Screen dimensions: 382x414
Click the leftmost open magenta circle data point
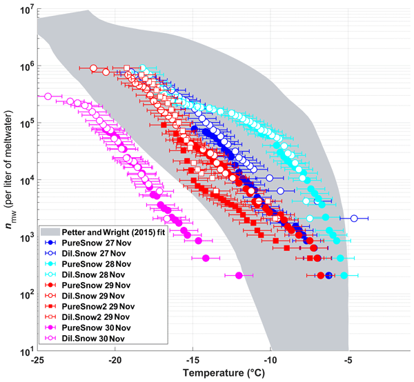(x=48, y=97)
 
